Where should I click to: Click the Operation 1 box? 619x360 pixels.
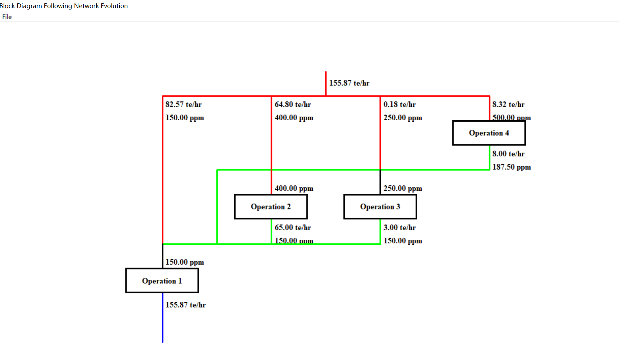(x=162, y=281)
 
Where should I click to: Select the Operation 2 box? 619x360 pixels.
(x=271, y=207)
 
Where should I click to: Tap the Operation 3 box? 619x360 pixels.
(x=380, y=207)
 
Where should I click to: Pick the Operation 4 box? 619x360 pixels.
(x=489, y=133)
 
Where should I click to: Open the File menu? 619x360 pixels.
(x=7, y=17)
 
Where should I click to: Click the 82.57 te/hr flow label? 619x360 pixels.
(x=183, y=104)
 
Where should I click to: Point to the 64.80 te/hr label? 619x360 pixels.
(x=293, y=104)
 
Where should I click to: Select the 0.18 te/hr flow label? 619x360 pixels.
(x=399, y=104)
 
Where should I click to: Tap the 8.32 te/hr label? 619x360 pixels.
(x=508, y=104)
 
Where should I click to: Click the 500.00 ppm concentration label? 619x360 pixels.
(x=511, y=117)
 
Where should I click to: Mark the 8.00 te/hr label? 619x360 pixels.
(x=508, y=154)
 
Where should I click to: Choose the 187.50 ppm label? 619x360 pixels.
(x=511, y=167)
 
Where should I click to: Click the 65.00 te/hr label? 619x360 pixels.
(x=293, y=228)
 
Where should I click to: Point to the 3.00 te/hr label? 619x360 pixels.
(x=399, y=228)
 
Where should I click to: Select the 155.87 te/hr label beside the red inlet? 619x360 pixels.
(x=349, y=83)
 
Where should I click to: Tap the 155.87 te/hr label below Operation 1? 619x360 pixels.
(x=185, y=305)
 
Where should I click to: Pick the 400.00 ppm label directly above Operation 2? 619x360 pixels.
(x=294, y=188)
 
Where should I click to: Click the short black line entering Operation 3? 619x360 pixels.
(x=380, y=182)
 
